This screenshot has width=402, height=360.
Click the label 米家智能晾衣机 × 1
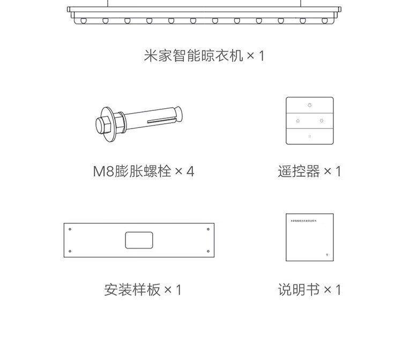pos(204,55)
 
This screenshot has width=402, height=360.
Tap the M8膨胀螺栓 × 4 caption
pos(144,171)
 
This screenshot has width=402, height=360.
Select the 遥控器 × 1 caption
pos(309,171)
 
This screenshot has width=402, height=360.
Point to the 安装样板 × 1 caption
pos(143,290)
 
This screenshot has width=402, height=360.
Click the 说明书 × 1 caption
pos(309,290)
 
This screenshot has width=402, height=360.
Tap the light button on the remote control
pos(310,104)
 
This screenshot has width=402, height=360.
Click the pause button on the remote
pos(310,136)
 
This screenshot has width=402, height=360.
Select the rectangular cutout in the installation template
pos(139,240)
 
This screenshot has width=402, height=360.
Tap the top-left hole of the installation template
pos(70,229)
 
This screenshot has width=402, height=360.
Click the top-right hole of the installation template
pos(208,229)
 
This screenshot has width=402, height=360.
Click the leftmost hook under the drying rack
pos(84,20)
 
